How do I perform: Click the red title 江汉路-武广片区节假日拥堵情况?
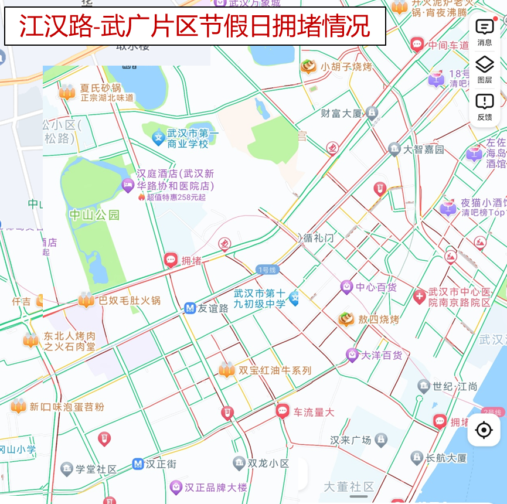[x=195, y=26]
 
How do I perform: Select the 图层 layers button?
[x=485, y=69]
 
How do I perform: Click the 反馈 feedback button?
[x=485, y=107]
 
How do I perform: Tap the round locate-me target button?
[x=484, y=430]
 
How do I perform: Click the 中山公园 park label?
[x=94, y=214]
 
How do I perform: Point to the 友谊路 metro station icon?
[x=190, y=308]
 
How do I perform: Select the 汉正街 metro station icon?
[x=138, y=464]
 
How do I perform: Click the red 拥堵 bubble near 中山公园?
[x=171, y=260]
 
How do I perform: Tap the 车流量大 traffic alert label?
[x=314, y=412]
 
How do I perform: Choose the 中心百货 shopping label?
[x=376, y=287]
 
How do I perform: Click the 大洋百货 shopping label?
[x=381, y=355]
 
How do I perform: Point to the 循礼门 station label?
[x=318, y=238]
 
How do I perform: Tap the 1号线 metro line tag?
[x=267, y=270]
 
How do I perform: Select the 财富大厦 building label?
[x=342, y=113]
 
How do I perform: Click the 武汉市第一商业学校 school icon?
[x=158, y=138]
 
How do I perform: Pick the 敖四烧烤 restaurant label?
[x=378, y=319]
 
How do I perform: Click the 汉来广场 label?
[x=351, y=440]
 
